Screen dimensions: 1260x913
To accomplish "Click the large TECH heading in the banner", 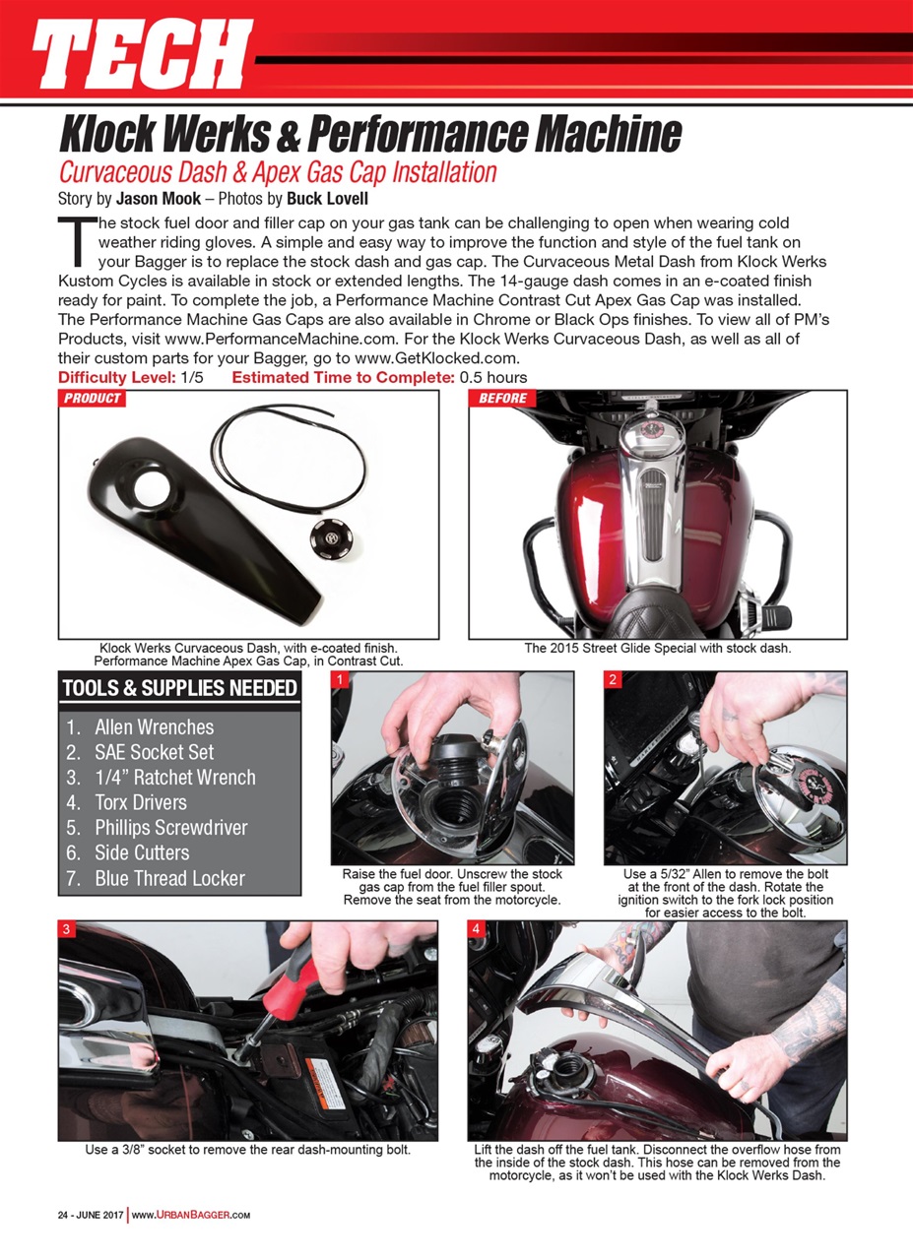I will tap(143, 54).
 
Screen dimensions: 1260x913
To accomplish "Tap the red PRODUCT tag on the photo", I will tap(93, 399).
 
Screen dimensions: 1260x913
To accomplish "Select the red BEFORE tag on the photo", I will tap(502, 399).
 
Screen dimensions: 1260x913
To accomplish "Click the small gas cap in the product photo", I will tap(326, 537).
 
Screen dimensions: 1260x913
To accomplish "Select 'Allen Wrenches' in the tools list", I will tap(154, 727).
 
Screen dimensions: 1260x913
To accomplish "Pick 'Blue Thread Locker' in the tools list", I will tap(169, 878).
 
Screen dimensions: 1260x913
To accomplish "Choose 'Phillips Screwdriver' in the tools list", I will tap(170, 828).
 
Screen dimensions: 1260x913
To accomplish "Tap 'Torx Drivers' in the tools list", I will tap(141, 802).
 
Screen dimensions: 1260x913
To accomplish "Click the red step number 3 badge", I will tap(67, 929).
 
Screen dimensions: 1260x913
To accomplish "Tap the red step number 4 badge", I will tap(477, 929).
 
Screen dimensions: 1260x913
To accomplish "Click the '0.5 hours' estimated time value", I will tap(493, 377).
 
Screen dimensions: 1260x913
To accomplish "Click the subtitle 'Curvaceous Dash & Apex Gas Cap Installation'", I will tap(278, 173).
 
